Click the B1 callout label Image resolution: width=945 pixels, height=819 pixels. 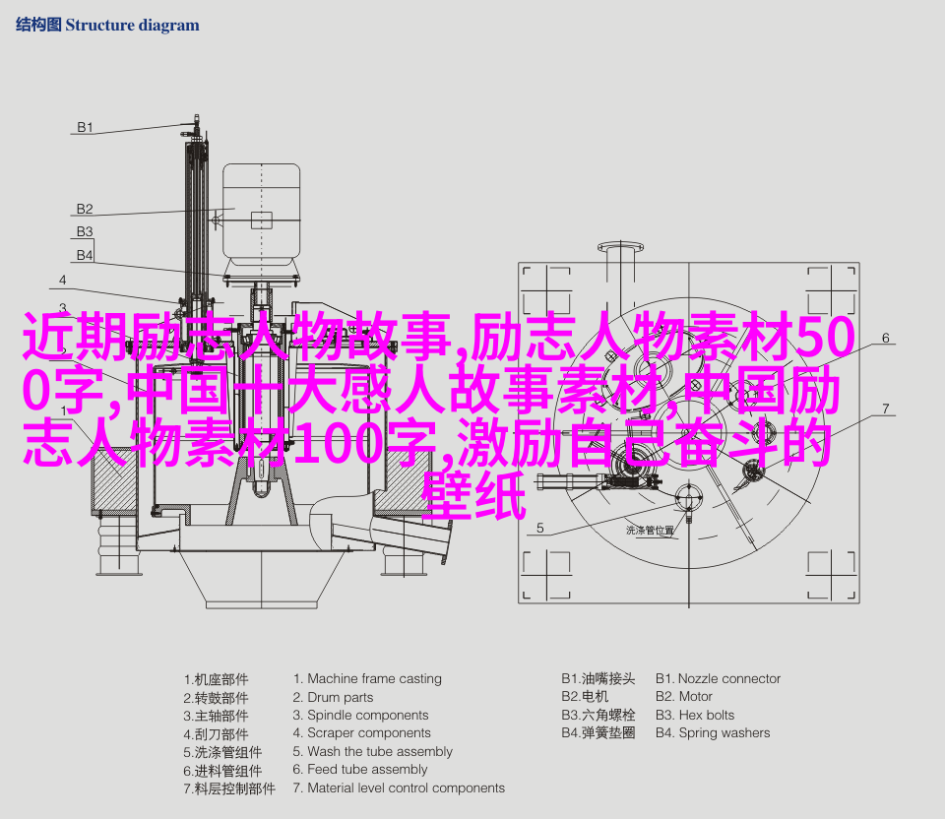coord(85,127)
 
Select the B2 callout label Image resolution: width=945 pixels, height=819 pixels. coord(85,209)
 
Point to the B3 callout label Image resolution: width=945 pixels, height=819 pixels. coord(85,232)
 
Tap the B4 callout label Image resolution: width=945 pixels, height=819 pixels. coord(85,256)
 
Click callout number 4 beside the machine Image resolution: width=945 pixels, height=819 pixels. coord(63,281)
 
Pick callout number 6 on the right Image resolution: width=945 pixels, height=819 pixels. coord(885,338)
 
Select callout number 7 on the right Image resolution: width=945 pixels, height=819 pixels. coord(885,409)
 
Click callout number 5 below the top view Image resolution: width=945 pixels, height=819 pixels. coord(540,528)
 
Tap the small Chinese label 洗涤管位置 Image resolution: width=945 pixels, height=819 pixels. coord(650,531)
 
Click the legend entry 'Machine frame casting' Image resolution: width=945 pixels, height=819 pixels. coord(367,679)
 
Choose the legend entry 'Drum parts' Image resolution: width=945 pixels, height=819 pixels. coord(333,697)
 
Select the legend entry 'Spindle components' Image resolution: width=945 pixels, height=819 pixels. coord(360,716)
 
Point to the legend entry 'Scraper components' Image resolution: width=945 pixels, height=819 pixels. coord(361,733)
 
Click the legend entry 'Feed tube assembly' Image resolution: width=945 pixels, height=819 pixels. coord(360,770)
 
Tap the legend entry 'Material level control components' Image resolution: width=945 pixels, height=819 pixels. coord(399,788)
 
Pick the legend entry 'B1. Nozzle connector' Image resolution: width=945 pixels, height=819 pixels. coord(718,679)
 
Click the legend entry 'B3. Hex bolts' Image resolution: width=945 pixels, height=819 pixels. coord(695,716)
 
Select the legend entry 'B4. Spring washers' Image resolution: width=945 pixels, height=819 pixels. coord(713,733)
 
